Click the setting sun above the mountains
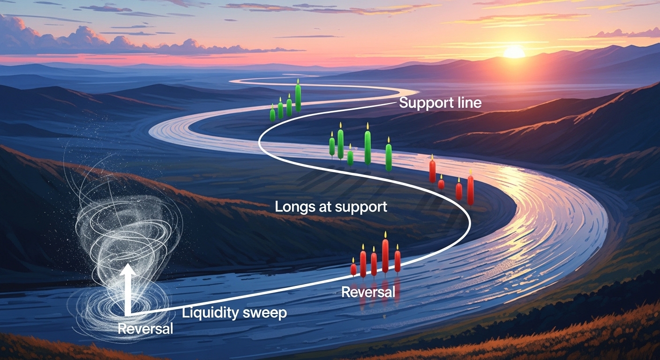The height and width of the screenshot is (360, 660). pyautogui.click(x=514, y=52)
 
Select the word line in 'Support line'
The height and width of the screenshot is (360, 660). pyautogui.click(x=468, y=103)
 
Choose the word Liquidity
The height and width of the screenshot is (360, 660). pyautogui.click(x=209, y=313)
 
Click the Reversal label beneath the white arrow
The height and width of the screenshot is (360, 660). pyautogui.click(x=145, y=329)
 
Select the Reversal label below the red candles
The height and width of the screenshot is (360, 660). pyautogui.click(x=368, y=292)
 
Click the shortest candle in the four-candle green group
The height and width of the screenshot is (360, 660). pyautogui.click(x=272, y=114)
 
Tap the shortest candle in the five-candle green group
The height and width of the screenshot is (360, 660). pyautogui.click(x=350, y=157)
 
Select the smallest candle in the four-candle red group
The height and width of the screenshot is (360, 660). pyautogui.click(x=441, y=184)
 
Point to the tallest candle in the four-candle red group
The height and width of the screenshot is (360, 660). pyautogui.click(x=470, y=189)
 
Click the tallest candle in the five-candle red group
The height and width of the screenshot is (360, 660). pyautogui.click(x=385, y=255)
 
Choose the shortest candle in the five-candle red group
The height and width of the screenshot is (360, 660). pyautogui.click(x=353, y=270)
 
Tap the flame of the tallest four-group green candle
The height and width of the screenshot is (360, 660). pyautogui.click(x=298, y=82)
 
